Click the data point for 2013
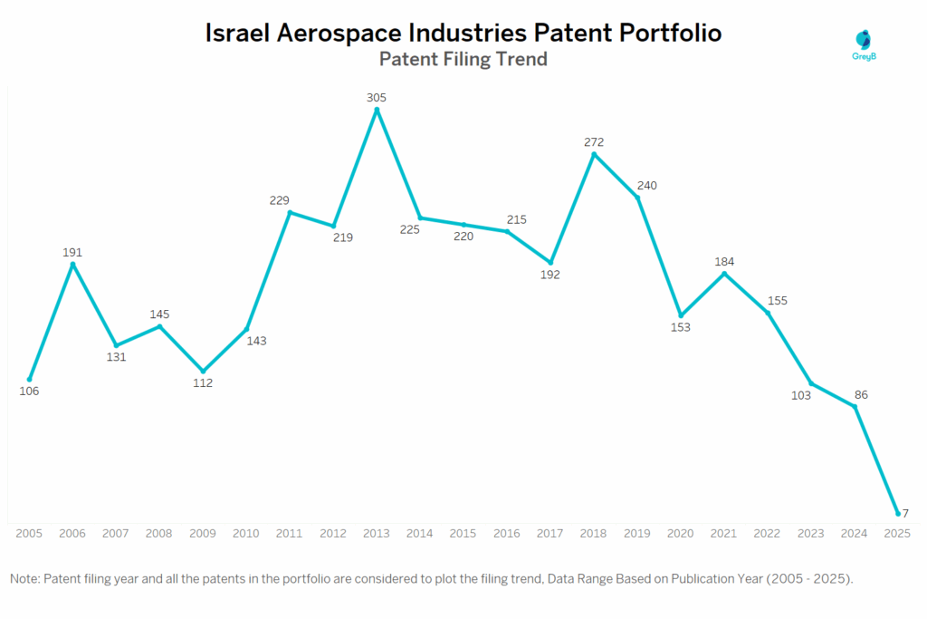377,110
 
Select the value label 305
377,97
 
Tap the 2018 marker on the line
594,154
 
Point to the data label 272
594,142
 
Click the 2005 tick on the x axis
29,534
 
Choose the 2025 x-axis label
898,534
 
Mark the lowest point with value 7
898,513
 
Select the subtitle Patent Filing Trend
463,60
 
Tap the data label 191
72,252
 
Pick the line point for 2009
203,371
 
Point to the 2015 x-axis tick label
463,534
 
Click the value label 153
680,327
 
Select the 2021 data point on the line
724,273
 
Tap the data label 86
855,395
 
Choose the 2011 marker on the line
290,212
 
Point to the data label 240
646,186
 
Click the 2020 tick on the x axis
681,534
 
